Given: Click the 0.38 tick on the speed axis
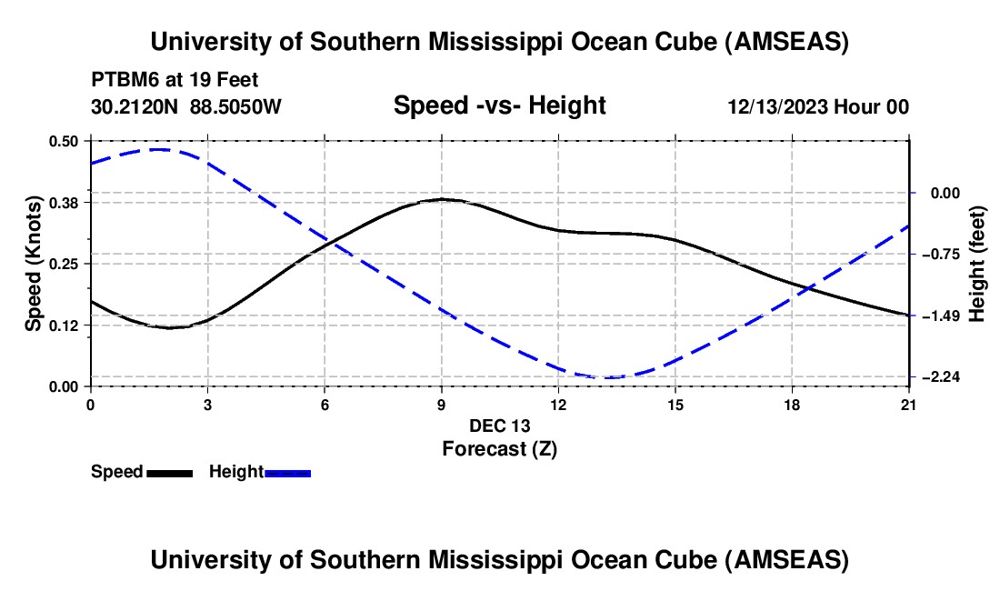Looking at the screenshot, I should point(68,202).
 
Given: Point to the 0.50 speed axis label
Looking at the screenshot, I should point(68,141).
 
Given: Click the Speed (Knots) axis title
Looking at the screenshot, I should point(33,264).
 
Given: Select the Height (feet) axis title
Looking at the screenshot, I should point(977,264).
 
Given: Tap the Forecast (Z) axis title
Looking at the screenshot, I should point(499,448).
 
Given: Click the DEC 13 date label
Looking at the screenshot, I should point(499,426).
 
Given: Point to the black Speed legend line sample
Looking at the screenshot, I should point(169,473).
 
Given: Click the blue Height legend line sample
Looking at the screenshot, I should point(288,473).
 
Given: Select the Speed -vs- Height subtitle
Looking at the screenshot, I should point(499,106).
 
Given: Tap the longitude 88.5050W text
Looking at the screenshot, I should point(236,107).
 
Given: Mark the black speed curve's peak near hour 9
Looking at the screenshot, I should point(442,198).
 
